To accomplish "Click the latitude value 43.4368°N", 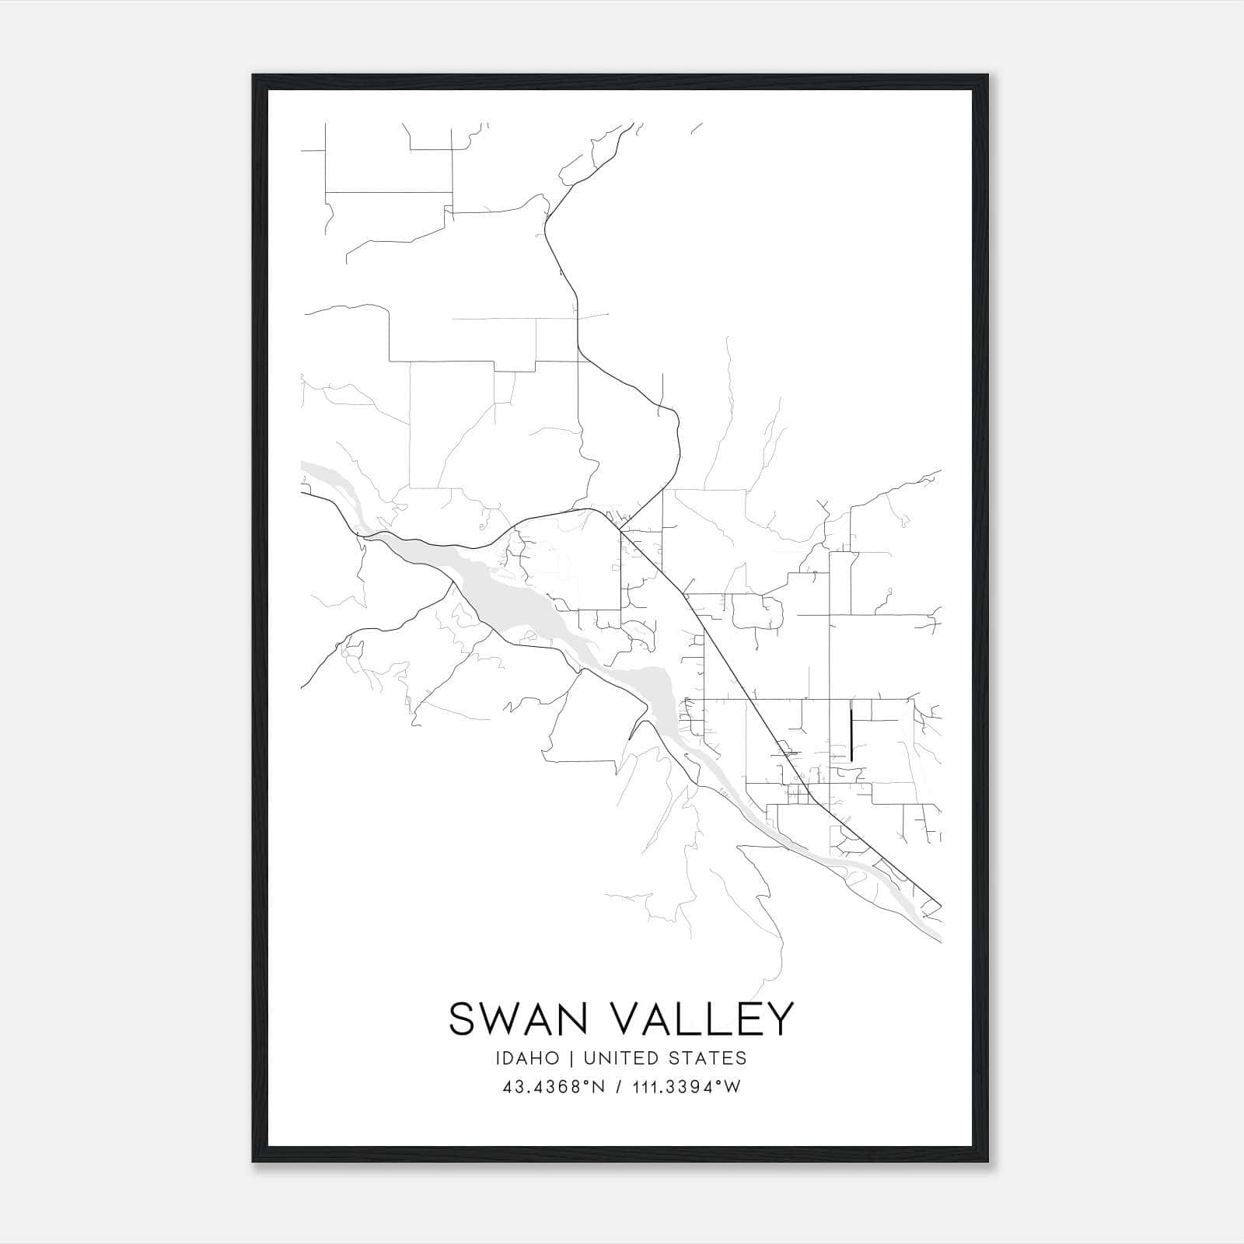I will (x=554, y=1087).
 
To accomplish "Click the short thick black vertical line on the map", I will (x=851, y=734).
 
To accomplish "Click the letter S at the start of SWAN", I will (x=463, y=1019).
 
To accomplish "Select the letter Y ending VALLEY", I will (x=779, y=1019).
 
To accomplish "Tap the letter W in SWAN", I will (x=498, y=1019).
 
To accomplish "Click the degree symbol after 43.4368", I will (x=589, y=1082).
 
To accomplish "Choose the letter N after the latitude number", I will (x=598, y=1087).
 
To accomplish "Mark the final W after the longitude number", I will (x=732, y=1087).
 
